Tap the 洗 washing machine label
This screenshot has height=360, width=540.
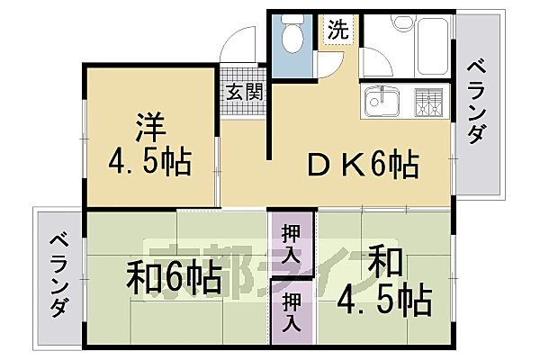(337, 29)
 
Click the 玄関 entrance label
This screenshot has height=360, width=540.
(243, 91)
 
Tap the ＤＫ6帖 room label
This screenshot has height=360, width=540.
(361, 165)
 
